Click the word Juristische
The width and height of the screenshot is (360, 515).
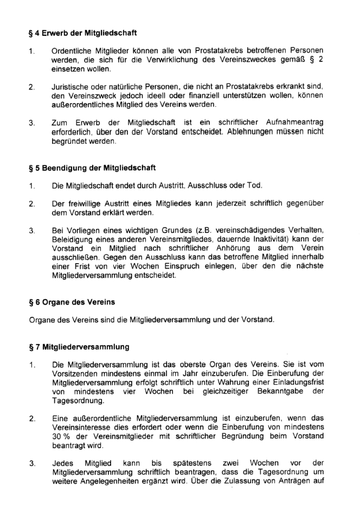71,87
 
